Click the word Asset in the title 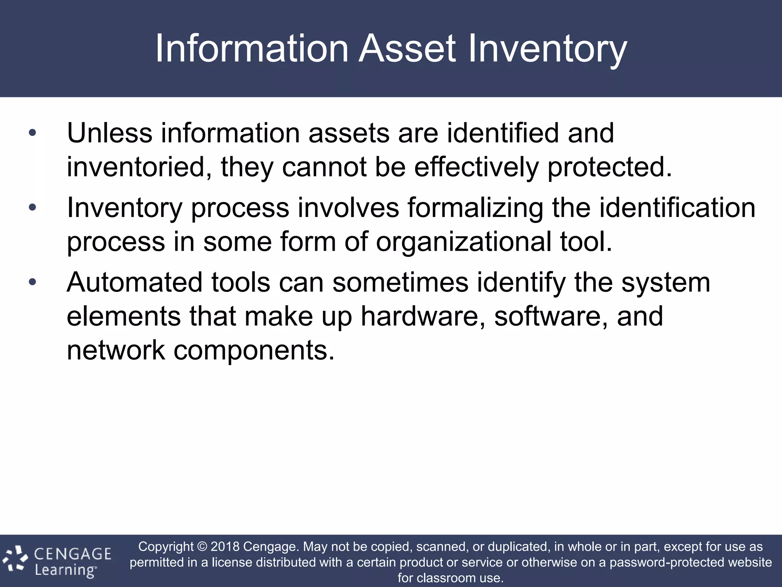click(407, 49)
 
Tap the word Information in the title click(252, 49)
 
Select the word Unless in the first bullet click(110, 133)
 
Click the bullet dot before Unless click(32, 133)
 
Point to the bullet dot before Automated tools click(32, 282)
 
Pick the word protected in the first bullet click(609, 167)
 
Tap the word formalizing click(475, 208)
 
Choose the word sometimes click(400, 282)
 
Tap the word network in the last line click(116, 350)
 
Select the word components click(254, 350)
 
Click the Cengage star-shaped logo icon click(15, 560)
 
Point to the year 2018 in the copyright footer click(225, 546)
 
